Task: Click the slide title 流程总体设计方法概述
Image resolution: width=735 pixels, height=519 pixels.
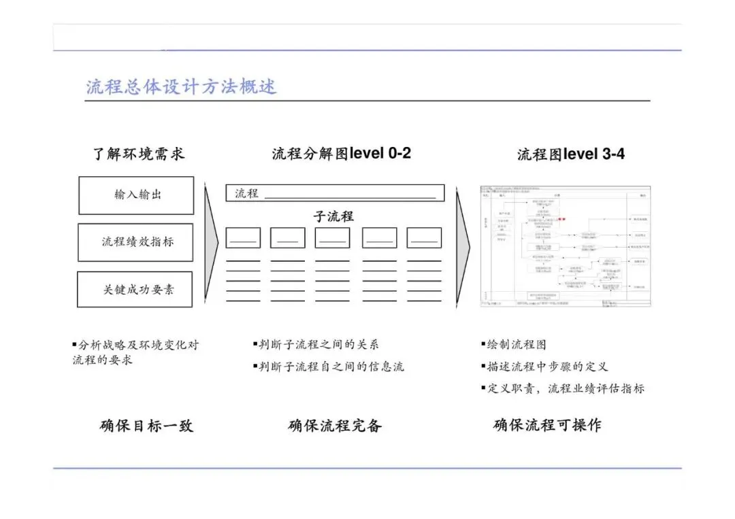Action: (181, 87)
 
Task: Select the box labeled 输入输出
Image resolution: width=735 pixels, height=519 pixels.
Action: (136, 195)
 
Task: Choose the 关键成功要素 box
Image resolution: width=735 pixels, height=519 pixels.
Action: (135, 289)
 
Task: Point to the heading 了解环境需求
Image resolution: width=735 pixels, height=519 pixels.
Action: (139, 154)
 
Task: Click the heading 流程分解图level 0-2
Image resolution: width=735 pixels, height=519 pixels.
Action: (341, 154)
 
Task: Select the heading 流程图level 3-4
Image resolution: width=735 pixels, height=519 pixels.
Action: (570, 154)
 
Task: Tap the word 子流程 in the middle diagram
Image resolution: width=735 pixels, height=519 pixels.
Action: (333, 216)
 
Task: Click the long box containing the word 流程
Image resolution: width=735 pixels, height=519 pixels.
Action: (335, 193)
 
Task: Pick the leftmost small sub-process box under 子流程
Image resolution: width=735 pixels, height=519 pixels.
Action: (243, 237)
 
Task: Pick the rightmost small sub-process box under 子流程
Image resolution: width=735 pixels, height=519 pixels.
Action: (424, 237)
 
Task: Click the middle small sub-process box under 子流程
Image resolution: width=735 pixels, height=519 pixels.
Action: (332, 237)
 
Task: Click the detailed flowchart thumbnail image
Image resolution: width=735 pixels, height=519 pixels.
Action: (566, 246)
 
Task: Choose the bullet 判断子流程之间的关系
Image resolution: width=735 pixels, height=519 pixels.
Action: (318, 345)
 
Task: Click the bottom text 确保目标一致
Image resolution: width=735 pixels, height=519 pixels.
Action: (146, 426)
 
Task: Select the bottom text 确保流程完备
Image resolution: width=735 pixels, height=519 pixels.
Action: (335, 426)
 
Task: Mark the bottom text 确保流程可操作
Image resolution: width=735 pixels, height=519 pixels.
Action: (547, 426)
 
